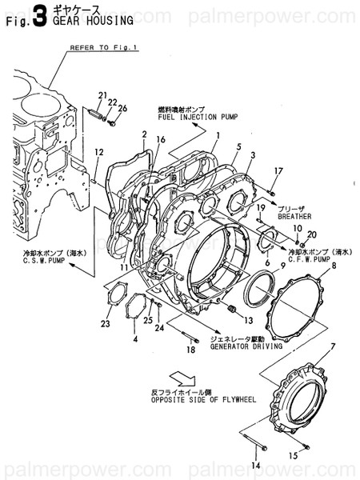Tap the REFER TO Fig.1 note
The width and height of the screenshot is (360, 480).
104,47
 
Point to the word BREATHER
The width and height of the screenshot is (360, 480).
294,216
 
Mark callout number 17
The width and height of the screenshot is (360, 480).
278,170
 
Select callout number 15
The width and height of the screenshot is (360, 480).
293,456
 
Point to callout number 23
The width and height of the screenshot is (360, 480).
105,324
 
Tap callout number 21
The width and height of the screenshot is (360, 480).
102,97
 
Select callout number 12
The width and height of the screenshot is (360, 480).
98,152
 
